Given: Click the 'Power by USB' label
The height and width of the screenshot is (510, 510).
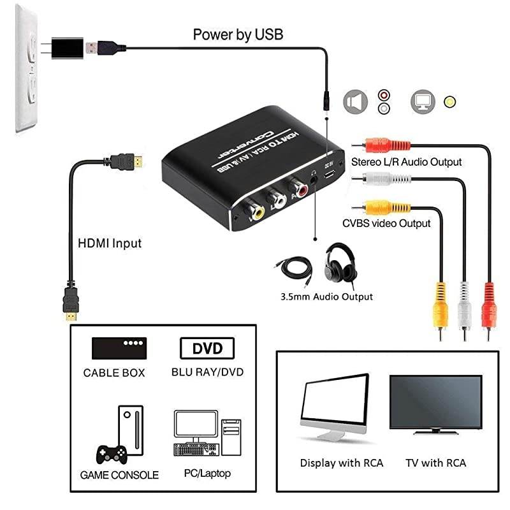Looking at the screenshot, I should (x=238, y=34).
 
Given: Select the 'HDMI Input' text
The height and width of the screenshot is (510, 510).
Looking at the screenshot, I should (x=110, y=243).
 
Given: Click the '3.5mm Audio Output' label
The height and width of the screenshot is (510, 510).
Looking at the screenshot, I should (x=326, y=296).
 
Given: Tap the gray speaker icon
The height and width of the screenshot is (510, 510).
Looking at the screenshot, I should (x=356, y=101).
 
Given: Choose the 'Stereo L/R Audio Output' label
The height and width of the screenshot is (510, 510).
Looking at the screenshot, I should (x=407, y=162).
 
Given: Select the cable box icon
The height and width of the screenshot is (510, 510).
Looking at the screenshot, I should (x=119, y=348).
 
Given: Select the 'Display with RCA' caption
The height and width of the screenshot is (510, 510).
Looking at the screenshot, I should (x=342, y=463).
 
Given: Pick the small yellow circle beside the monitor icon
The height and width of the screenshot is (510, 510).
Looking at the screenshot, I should (x=451, y=101).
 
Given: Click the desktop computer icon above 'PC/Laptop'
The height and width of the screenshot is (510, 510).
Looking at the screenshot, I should (x=207, y=436).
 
